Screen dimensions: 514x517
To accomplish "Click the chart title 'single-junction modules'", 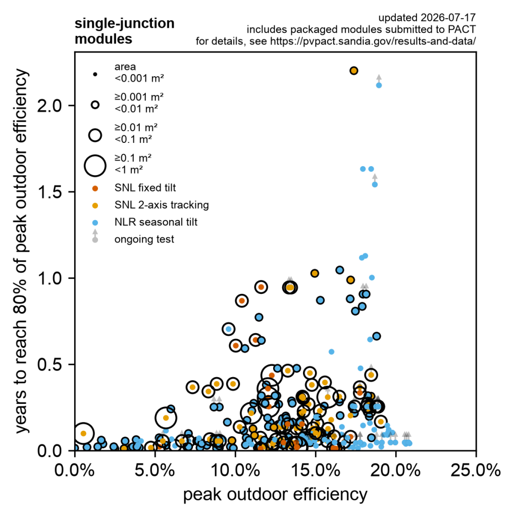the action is (x=124, y=31).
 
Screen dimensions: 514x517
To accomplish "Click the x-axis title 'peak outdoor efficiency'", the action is (x=275, y=495).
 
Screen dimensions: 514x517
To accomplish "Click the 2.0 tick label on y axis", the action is (x=50, y=106).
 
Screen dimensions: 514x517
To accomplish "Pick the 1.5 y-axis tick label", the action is (x=50, y=192).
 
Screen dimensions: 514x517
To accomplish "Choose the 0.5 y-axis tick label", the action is (x=50, y=365).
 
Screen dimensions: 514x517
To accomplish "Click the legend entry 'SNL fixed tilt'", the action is (x=145, y=188).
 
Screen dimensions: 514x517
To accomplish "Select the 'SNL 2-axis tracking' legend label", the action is (x=162, y=205).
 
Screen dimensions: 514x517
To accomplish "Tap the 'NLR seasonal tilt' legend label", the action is (x=156, y=222).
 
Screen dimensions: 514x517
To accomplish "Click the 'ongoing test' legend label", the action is (x=144, y=239).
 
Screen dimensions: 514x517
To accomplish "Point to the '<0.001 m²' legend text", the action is (x=139, y=78).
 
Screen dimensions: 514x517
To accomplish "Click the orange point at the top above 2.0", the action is (x=354, y=71).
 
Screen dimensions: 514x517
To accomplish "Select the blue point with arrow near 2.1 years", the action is (x=379, y=85).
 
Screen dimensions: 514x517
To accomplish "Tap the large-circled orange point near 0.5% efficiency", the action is (x=83, y=434).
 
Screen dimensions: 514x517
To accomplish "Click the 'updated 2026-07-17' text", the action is (x=427, y=18).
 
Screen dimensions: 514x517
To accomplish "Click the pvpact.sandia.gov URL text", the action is (x=373, y=41).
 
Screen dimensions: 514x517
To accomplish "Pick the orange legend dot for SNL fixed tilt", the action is (x=95, y=189).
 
